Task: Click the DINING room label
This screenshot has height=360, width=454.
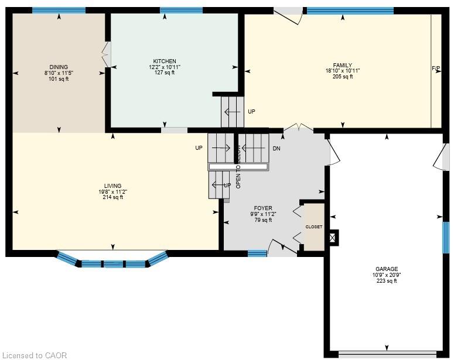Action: tap(59, 67)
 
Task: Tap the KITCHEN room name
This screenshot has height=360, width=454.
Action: tap(165, 61)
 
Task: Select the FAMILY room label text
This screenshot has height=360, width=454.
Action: tap(343, 66)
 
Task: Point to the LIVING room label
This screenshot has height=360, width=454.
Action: tap(112, 186)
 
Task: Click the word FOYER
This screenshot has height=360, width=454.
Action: tap(263, 208)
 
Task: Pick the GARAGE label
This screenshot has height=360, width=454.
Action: tap(387, 269)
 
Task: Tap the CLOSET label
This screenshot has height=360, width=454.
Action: tap(314, 227)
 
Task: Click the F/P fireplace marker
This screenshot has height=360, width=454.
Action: tap(436, 68)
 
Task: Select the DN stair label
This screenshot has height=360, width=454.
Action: tap(277, 149)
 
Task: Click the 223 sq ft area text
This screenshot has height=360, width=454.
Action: tap(387, 281)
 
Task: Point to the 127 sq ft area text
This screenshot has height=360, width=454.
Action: tap(165, 73)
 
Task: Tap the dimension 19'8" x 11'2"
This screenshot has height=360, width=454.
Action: tap(112, 191)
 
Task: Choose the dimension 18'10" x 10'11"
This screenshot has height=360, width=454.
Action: tap(343, 71)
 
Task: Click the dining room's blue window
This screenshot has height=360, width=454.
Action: tap(59, 11)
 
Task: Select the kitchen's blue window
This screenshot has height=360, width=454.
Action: tap(181, 11)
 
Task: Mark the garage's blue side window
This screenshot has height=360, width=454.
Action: tap(446, 238)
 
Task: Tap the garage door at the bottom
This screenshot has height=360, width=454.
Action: tap(387, 354)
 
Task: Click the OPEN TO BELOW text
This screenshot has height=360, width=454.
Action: tap(238, 167)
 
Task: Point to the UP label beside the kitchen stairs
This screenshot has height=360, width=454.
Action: tap(251, 111)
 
